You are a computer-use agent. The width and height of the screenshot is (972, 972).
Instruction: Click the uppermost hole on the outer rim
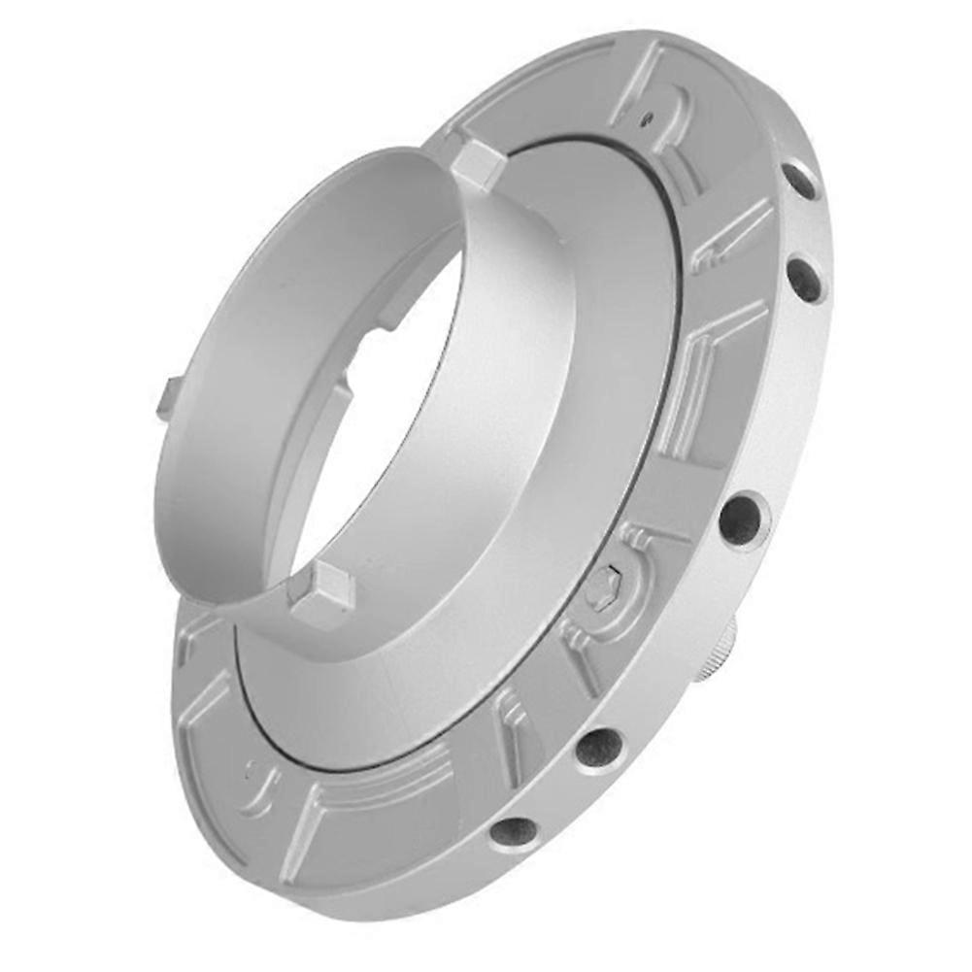(x=800, y=181)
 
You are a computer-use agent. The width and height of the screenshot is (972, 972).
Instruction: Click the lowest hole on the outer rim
(x=513, y=831)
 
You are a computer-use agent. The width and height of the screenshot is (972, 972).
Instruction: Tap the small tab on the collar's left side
(x=168, y=398)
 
